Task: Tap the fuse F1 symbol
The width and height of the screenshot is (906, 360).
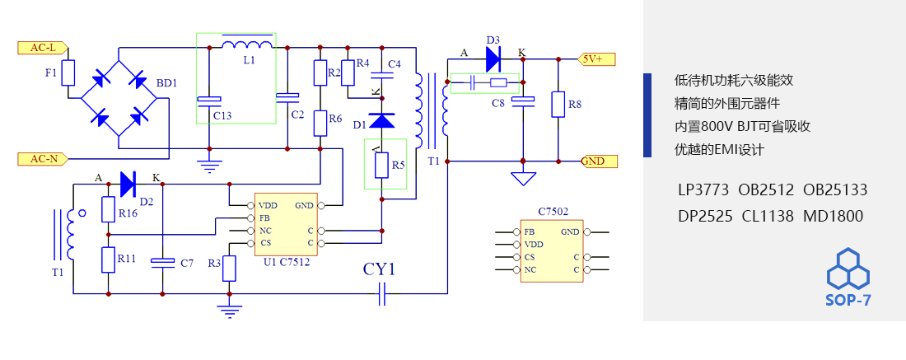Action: coord(69,73)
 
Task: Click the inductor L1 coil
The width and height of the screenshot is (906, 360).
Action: coord(248,45)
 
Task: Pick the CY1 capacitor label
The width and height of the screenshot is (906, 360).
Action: coord(380,269)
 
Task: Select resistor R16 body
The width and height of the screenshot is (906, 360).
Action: coord(108,209)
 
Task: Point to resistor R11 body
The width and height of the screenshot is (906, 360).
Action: coord(108,259)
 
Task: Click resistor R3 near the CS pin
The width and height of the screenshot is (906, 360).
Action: coord(230,268)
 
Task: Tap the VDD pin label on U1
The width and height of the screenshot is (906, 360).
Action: coord(267,205)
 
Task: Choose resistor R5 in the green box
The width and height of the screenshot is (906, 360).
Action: coord(381,166)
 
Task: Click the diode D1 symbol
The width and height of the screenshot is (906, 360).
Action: coord(381,121)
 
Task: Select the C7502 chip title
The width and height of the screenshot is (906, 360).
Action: coord(553,212)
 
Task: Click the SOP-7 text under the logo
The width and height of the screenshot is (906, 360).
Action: coord(848,301)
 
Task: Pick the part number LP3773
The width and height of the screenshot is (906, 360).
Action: coord(703,190)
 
